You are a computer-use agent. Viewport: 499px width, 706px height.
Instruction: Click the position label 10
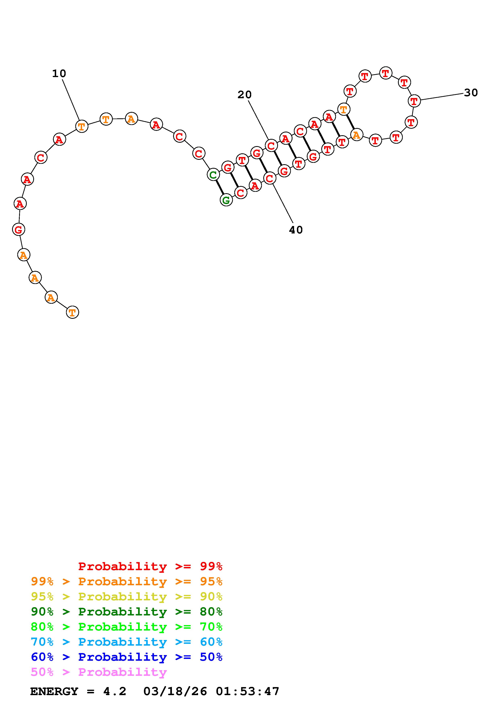pos(59,73)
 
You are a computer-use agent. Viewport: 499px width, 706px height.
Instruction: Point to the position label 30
pos(471,93)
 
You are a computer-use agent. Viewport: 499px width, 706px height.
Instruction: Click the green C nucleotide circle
pos(213,175)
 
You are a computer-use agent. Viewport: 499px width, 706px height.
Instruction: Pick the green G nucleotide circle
pos(226,200)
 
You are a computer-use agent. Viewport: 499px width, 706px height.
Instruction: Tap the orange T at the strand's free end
pos(72,312)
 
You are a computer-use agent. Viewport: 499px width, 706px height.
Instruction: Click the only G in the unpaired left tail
pos(19,229)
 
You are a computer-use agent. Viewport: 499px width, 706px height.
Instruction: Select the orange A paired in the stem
pos(356,135)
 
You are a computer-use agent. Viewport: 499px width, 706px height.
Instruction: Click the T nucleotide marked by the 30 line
pos(414,101)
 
